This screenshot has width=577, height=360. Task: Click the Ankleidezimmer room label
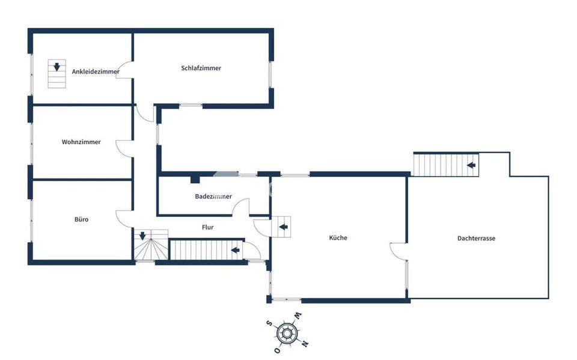95,72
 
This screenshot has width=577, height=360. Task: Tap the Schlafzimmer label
201,68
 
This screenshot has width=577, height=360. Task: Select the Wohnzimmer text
81,142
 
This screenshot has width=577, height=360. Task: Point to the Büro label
81,219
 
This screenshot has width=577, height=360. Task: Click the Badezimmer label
213,197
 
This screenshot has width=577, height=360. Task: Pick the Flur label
208,227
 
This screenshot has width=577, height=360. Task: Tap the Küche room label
338,237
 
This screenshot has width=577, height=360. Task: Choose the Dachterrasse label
476,238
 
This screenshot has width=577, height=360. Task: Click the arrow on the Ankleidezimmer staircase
56,67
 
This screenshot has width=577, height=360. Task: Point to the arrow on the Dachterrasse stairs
472,163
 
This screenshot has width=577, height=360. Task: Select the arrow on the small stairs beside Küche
282,227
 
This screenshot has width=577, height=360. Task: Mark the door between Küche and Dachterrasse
398,251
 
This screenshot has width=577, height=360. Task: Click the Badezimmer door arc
241,207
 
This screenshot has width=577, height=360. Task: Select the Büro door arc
124,218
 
